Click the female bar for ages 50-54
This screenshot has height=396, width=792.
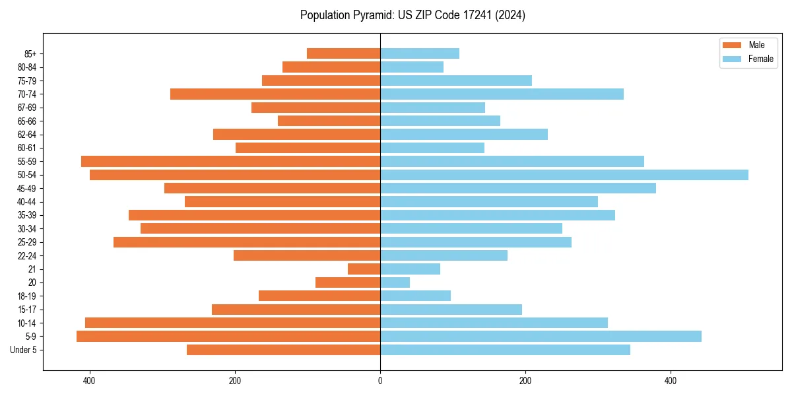tap(564, 175)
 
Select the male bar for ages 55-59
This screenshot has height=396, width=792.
tap(230, 161)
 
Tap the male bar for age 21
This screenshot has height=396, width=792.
tap(364, 269)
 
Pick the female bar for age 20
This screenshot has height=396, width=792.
tap(395, 282)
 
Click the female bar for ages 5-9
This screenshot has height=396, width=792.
tap(541, 337)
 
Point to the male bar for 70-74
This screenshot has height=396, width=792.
tap(275, 94)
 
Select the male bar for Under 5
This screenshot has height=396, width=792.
tap(283, 350)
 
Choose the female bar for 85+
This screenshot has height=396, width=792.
tap(420, 53)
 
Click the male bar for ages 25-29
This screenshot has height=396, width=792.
tap(247, 242)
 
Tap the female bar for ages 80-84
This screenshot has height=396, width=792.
tap(412, 67)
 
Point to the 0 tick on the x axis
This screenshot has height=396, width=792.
tap(380, 381)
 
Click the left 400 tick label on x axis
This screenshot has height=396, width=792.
tap(89, 381)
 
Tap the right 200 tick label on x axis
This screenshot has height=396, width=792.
tap(525, 381)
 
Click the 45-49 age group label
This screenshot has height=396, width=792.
tap(27, 189)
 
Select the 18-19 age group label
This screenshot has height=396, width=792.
tap(27, 296)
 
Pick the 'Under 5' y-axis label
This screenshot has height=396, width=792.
tap(24, 350)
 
